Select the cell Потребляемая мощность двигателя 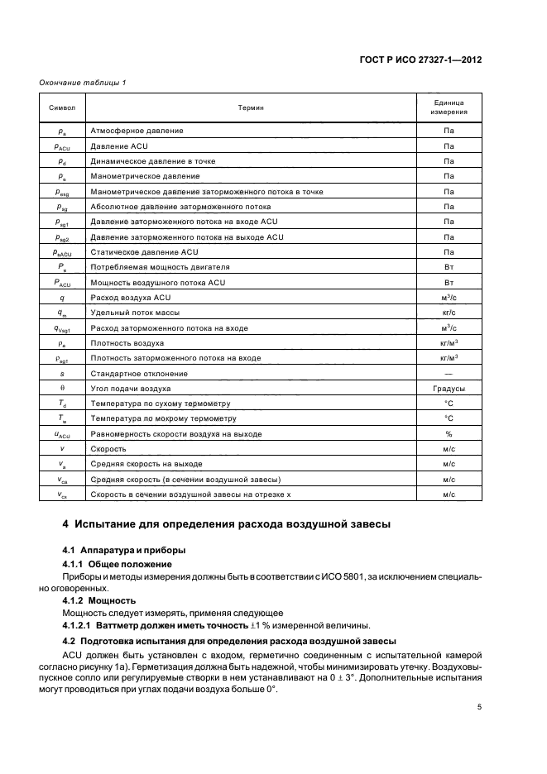(x=161, y=267)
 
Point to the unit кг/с (x=449, y=313)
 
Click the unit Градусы (x=449, y=388)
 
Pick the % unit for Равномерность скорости (x=449, y=433)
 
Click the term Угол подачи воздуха (x=132, y=388)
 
